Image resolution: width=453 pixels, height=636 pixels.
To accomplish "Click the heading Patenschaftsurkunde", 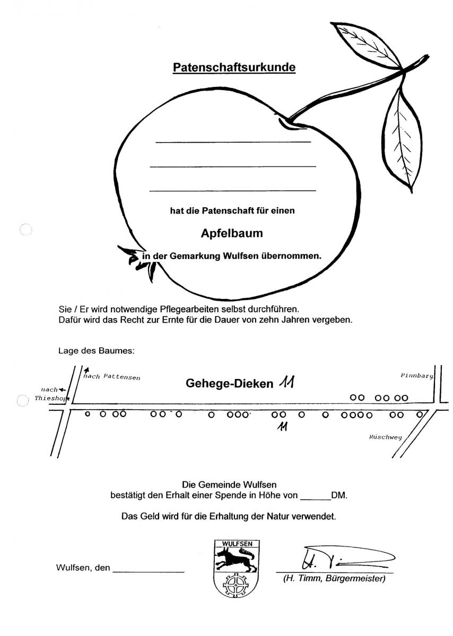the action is [234, 67].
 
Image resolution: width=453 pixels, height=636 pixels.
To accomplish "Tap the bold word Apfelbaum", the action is [232, 233].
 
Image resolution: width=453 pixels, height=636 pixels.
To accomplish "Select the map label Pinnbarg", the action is [416, 375].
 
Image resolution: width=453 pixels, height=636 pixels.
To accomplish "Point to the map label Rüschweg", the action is [386, 437].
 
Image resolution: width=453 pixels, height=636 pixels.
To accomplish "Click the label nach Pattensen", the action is [112, 377].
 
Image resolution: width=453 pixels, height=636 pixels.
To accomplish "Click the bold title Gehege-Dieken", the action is [229, 383].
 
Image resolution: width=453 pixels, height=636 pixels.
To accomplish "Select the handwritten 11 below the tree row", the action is [283, 427].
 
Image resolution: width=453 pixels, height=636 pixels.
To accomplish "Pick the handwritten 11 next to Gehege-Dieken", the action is [286, 382].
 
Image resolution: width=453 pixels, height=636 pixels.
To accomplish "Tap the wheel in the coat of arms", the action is [237, 586].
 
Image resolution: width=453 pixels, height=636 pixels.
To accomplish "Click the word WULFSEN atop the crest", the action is [237, 544].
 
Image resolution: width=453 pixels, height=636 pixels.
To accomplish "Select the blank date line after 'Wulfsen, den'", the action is [149, 572].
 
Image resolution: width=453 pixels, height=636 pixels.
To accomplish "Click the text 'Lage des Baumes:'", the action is [97, 351].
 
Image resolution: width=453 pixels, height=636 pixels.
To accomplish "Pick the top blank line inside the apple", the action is [233, 142].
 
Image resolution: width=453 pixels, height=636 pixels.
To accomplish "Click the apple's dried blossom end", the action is [138, 262].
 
